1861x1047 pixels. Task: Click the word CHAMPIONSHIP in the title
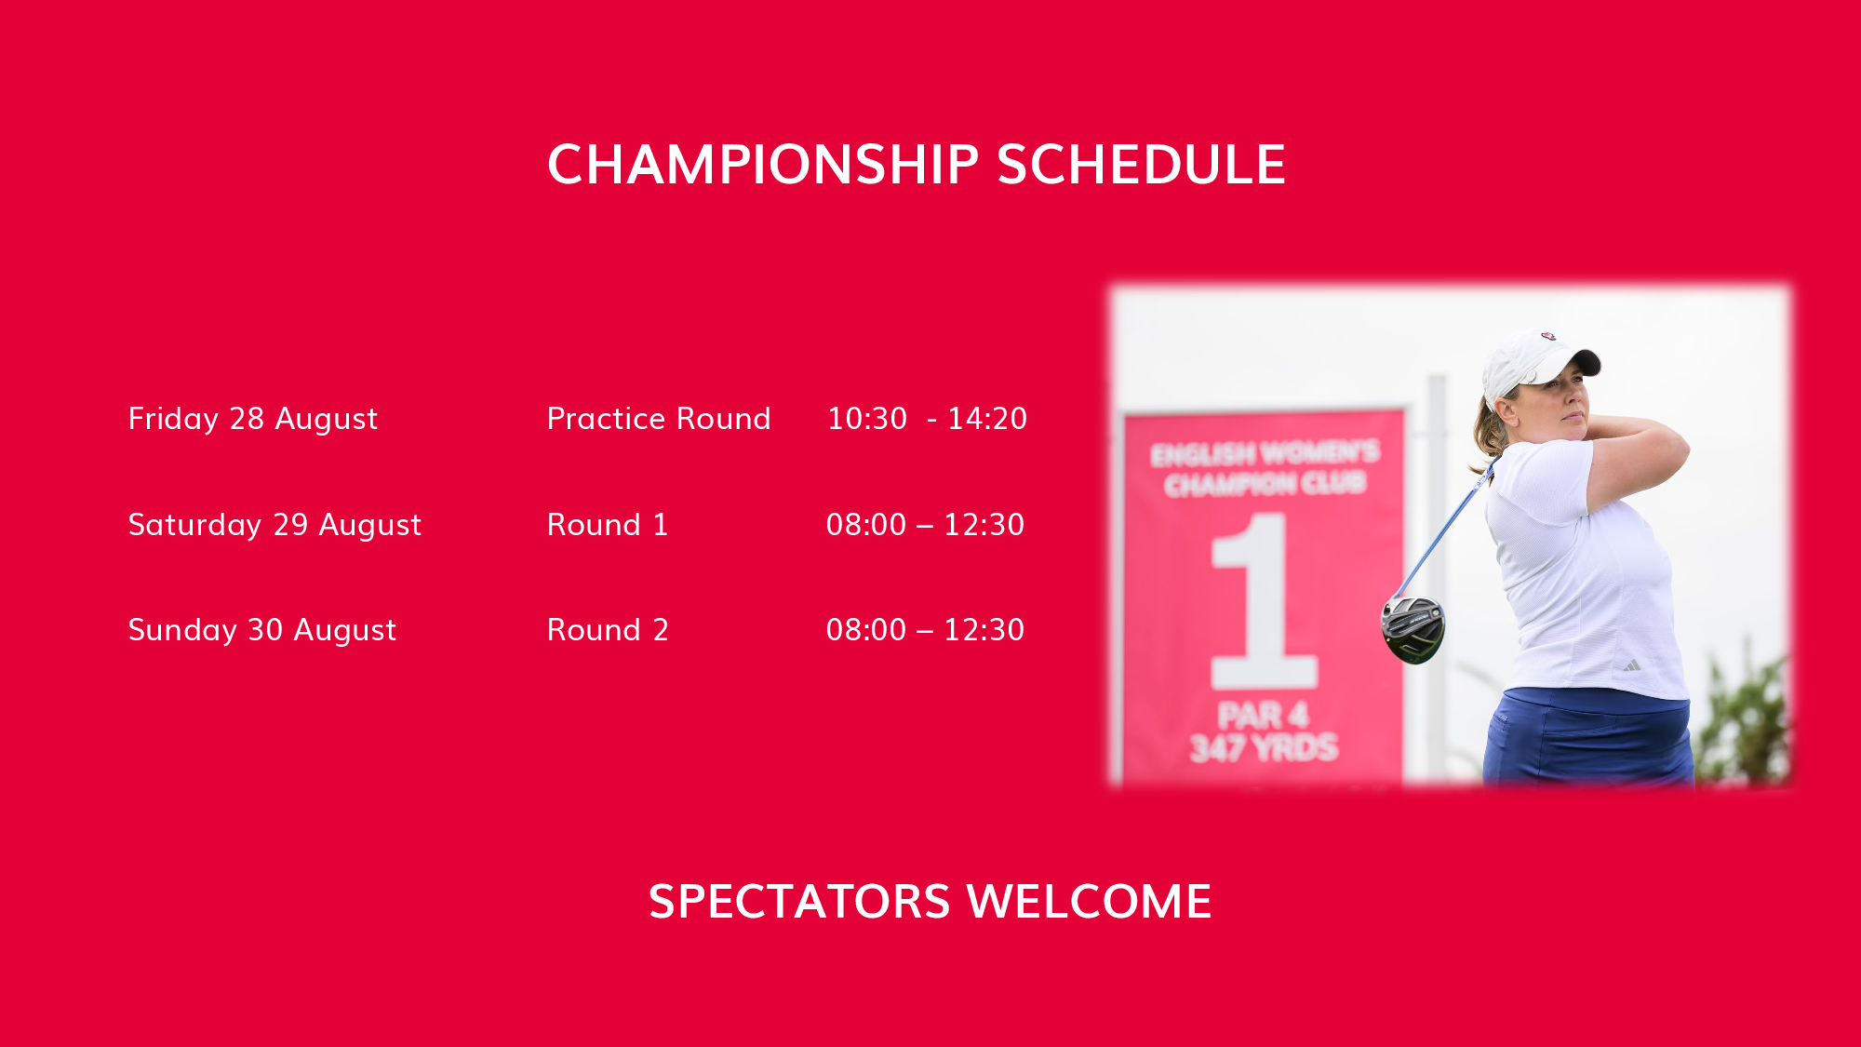(763, 165)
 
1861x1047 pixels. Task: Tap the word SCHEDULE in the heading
(1142, 165)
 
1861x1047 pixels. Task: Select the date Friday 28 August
(253, 420)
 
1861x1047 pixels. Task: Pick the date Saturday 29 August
(274, 526)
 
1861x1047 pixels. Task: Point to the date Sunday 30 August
(262, 631)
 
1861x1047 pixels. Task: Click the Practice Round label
(659, 420)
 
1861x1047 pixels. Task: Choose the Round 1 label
(608, 525)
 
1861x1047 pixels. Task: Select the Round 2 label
(608, 630)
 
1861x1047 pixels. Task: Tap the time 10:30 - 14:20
(927, 419)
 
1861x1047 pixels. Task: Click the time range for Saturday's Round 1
(925, 525)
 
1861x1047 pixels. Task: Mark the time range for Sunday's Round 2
(925, 630)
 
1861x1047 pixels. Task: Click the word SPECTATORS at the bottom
(799, 902)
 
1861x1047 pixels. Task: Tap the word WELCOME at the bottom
(1090, 902)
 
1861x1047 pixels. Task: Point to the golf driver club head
(1413, 629)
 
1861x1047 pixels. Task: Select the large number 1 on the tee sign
(1263, 600)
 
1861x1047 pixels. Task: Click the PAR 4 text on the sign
(1264, 716)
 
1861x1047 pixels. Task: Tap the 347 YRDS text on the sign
(1264, 748)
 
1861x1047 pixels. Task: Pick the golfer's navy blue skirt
(1587, 737)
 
